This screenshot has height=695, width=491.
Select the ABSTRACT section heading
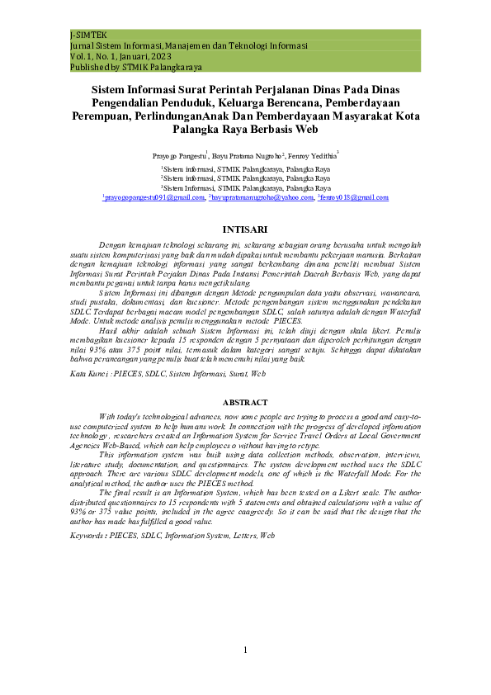pyautogui.click(x=245, y=403)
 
